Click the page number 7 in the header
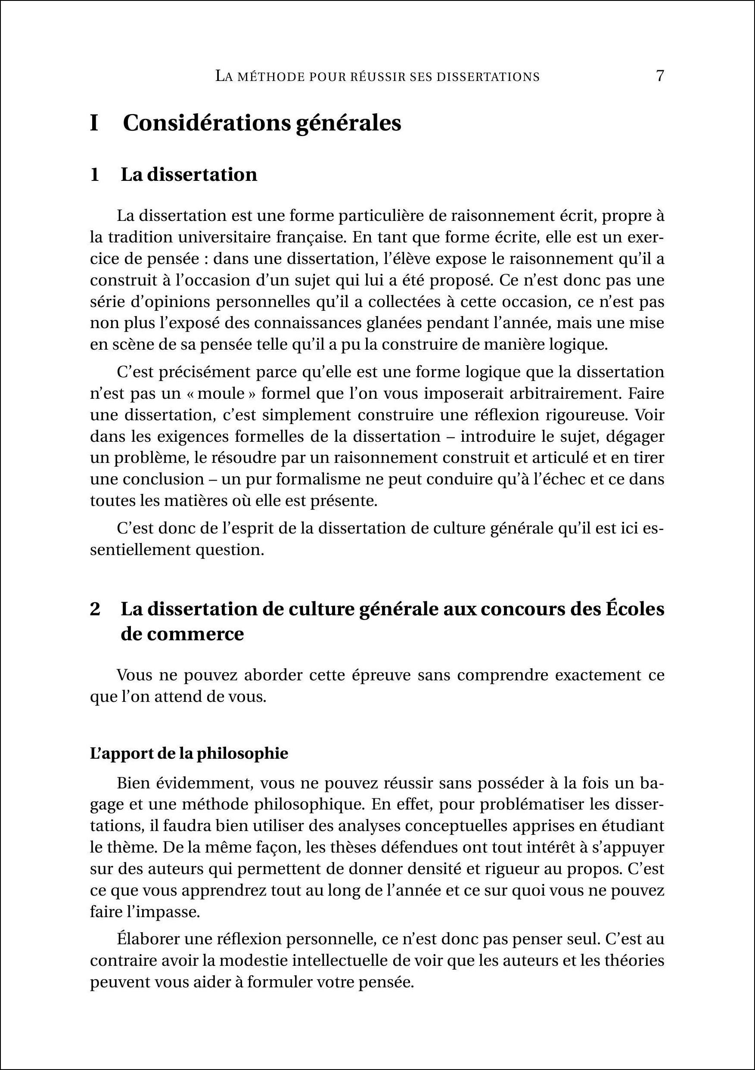tap(659, 76)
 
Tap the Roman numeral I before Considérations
tap(94, 124)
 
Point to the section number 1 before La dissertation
tap(95, 175)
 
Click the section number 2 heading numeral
tap(95, 609)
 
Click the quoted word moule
tap(221, 394)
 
